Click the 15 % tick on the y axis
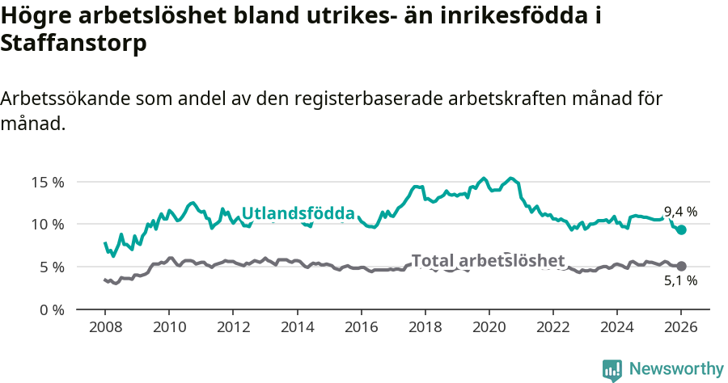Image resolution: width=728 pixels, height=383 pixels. [x=48, y=182]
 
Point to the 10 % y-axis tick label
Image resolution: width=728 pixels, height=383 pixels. [x=48, y=224]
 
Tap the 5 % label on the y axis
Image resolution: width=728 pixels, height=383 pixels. [x=51, y=267]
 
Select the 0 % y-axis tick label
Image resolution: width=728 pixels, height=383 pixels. [x=51, y=309]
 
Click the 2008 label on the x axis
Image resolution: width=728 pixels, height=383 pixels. [x=105, y=328]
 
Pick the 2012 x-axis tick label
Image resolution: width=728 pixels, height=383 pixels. [x=233, y=328]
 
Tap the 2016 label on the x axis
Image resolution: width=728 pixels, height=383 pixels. [x=361, y=328]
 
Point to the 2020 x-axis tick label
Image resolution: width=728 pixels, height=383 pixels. [x=489, y=328]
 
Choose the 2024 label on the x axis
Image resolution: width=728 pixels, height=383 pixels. [x=617, y=328]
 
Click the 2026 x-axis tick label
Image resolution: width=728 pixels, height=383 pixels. [x=681, y=328]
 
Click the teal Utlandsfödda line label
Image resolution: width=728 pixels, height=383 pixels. [x=298, y=214]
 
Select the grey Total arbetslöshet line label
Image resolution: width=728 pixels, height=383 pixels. [x=488, y=261]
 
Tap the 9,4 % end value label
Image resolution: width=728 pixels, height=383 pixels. [x=680, y=212]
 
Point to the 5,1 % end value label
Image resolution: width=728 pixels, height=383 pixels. [x=680, y=281]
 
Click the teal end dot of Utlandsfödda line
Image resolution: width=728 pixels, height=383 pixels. [x=681, y=229]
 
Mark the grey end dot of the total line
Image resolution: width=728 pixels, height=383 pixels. [x=681, y=266]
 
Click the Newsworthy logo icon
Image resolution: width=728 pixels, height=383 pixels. [x=612, y=369]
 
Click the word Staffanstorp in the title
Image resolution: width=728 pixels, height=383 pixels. [x=74, y=44]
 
